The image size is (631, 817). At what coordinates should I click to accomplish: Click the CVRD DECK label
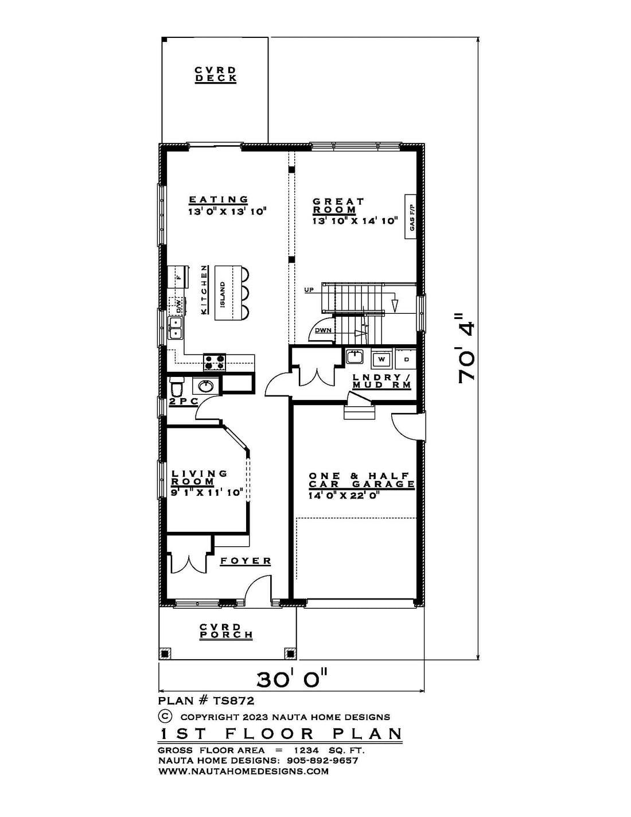point(216,75)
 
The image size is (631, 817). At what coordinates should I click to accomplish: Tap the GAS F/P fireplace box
point(410,217)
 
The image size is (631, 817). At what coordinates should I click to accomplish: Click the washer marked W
point(381,359)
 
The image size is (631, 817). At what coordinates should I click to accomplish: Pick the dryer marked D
point(406,359)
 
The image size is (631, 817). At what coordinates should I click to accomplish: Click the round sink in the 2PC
point(205,386)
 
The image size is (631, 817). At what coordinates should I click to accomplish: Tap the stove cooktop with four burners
point(215,362)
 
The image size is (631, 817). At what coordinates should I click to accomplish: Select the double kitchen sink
point(176,328)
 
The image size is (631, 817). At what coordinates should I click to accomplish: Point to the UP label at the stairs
point(309,290)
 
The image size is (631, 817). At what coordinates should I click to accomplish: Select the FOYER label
point(246,561)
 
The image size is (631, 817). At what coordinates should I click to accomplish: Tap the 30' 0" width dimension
point(293,679)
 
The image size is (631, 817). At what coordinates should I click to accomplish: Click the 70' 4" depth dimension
point(466,348)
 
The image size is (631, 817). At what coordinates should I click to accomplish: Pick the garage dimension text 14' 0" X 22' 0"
point(342,495)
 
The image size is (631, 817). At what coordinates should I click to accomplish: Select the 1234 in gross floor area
point(306,750)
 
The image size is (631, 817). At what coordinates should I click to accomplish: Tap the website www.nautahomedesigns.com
point(244,771)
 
